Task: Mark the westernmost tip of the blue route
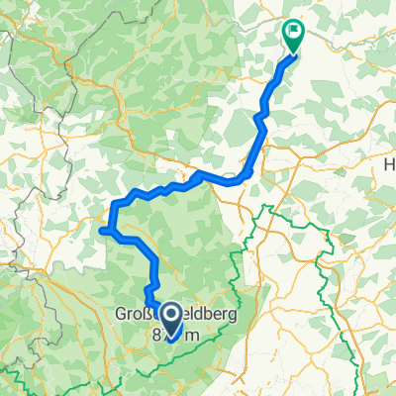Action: (x=101, y=230)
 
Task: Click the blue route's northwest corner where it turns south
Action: (x=116, y=203)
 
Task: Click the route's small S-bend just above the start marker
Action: (x=149, y=294)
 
